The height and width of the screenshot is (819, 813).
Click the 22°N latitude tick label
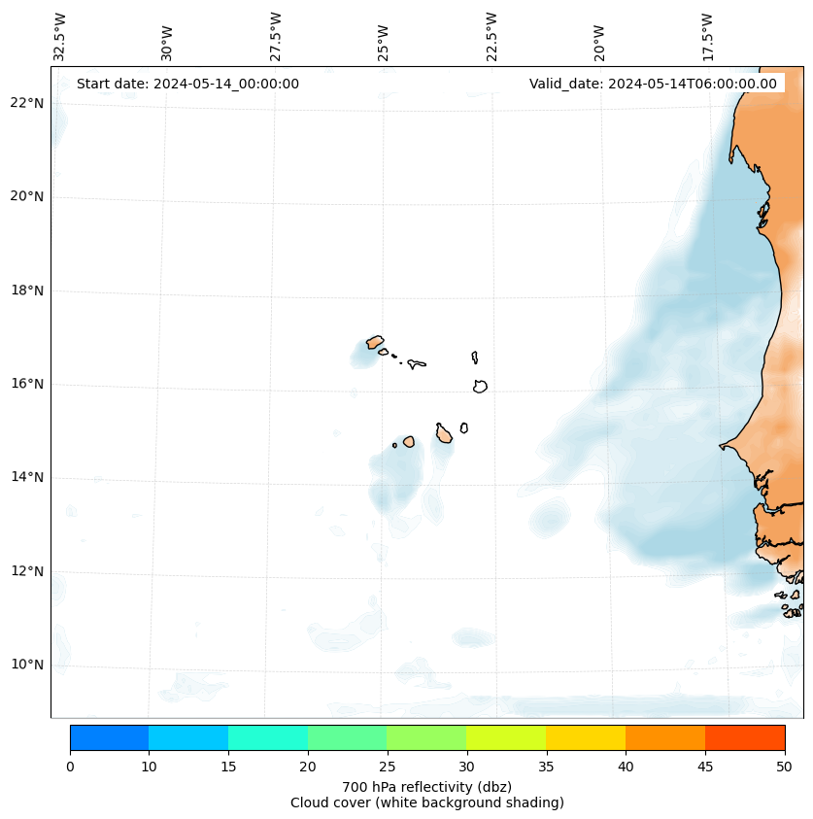[x=26, y=103]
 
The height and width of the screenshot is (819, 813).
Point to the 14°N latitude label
[x=26, y=477]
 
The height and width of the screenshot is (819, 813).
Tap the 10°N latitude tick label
[x=26, y=665]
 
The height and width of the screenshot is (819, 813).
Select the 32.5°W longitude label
[x=60, y=36]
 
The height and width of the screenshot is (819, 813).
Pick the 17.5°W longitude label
[x=708, y=36]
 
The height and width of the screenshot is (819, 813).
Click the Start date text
[x=187, y=84]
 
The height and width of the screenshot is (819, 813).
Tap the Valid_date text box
[x=653, y=84]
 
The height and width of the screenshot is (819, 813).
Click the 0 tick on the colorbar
[x=70, y=768]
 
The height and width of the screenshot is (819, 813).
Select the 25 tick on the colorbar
[x=387, y=768]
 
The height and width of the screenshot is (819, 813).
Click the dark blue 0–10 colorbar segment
[x=109, y=737]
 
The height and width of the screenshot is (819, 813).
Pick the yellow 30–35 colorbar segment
[x=506, y=737]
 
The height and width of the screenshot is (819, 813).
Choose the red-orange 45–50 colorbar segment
[x=745, y=737]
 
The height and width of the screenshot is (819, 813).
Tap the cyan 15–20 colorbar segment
[x=268, y=737]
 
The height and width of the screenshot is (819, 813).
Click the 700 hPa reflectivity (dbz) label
[x=426, y=786]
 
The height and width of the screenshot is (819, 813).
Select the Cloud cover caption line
[x=426, y=802]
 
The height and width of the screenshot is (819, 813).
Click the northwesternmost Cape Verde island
[x=374, y=342]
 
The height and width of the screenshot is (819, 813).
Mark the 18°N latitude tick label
[x=26, y=290]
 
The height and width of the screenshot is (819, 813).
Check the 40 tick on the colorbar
[x=626, y=768]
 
